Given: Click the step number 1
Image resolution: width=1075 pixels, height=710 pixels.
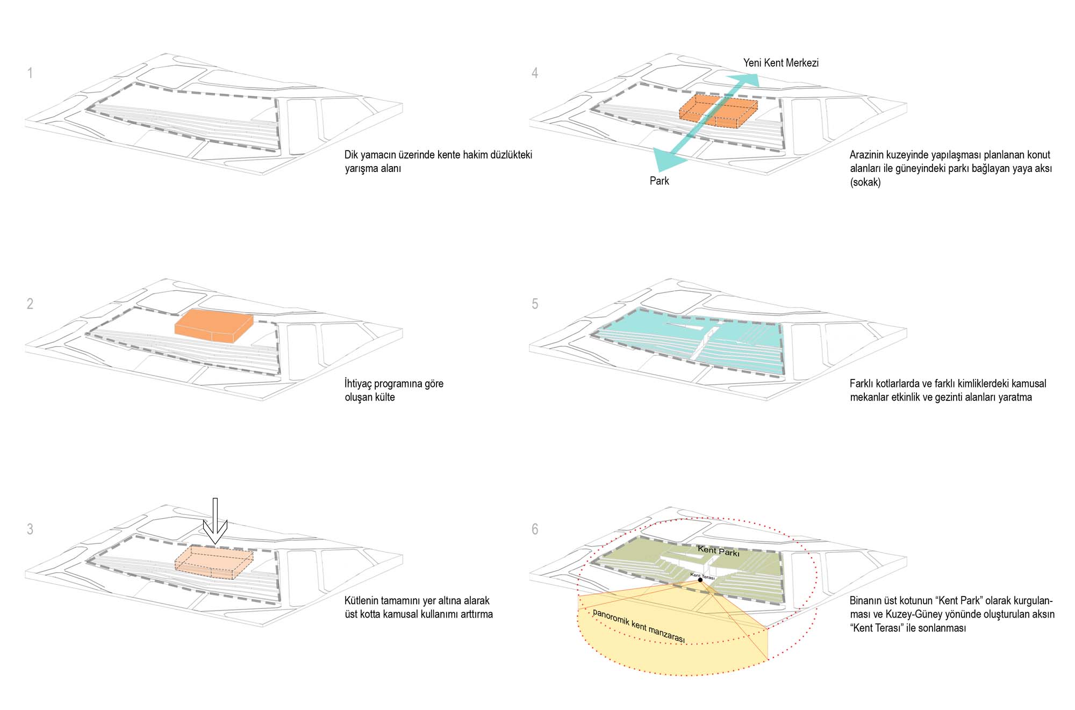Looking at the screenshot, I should (30, 73).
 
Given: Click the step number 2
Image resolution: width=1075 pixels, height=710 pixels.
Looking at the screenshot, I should (30, 304).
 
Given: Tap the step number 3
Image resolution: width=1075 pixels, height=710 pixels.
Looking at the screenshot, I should (30, 529).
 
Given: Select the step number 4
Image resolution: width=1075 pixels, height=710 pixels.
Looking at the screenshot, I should (535, 73).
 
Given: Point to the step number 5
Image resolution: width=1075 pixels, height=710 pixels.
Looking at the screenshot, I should (535, 304).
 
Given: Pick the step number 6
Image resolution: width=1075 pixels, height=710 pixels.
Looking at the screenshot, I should (535, 529).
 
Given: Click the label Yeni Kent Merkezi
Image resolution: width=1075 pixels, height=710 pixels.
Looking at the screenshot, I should (780, 63).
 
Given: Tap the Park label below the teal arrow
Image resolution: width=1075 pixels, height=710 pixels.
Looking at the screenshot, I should (659, 181).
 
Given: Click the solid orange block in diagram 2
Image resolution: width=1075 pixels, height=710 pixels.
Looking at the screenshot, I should (213, 326).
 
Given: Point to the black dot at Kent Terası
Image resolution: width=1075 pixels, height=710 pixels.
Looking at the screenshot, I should (700, 580).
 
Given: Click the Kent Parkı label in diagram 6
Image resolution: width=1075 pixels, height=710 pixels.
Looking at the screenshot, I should (718, 550).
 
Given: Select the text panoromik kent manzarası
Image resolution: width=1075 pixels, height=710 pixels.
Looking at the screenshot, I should (639, 626).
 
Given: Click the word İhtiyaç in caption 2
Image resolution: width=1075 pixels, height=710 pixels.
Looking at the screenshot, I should (358, 384).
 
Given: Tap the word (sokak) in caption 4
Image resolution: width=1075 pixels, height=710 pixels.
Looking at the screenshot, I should (865, 182).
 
